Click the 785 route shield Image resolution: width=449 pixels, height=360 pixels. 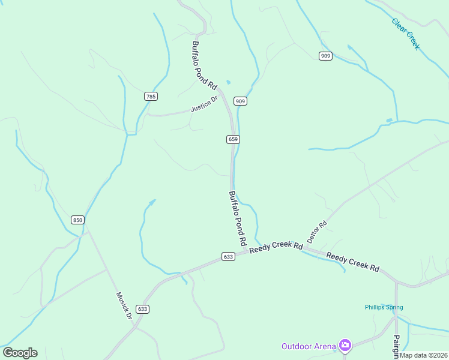[151, 96]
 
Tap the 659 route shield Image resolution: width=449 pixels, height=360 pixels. [234, 139]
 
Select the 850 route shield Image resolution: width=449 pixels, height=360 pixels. [77, 220]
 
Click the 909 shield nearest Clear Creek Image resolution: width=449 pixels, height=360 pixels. [325, 56]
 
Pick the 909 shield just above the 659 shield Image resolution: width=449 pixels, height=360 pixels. [240, 101]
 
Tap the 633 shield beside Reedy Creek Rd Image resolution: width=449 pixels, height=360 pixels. [228, 256]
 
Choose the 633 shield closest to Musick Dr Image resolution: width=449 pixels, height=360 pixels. [142, 309]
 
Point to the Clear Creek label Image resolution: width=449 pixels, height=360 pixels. [406, 34]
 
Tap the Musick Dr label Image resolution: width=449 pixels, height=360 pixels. [124, 305]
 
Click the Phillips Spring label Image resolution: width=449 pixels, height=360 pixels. [384, 307]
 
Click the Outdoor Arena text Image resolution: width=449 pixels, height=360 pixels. [309, 346]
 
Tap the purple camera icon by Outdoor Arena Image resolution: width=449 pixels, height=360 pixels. [345, 345]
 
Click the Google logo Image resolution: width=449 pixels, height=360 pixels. [20, 353]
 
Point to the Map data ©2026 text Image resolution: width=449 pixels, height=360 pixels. [423, 355]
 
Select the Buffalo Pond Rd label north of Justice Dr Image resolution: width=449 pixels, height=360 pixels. [204, 65]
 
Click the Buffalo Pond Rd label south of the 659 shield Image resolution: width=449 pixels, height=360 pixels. [238, 218]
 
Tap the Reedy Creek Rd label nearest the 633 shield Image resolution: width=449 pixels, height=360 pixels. [276, 247]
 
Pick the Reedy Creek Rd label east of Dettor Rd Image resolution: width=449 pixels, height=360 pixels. [353, 262]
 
